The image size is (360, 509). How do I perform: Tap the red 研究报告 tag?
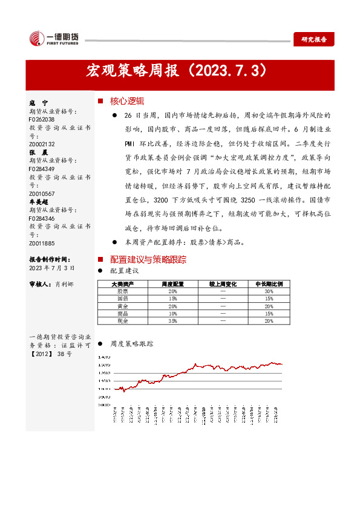tap(313, 39)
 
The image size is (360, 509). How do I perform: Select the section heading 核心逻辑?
tap(126, 101)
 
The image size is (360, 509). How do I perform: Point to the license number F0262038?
tap(42, 120)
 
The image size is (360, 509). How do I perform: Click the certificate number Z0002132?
tap(42, 144)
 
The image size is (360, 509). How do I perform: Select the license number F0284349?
tap(42, 169)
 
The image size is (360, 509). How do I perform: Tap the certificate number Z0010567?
tap(42, 193)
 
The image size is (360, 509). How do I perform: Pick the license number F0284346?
tap(42, 218)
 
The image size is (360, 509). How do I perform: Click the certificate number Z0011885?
tap(42, 243)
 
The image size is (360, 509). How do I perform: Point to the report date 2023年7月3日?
tap(52, 267)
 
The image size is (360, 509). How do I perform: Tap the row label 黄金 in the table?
tap(122, 306)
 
